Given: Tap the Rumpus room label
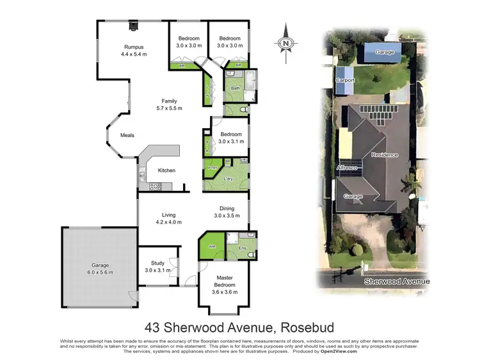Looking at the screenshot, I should click(x=134, y=51).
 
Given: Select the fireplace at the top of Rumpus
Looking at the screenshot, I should click(x=133, y=26).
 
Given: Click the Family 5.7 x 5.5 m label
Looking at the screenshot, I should click(x=169, y=105).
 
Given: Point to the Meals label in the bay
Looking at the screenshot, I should click(x=127, y=135).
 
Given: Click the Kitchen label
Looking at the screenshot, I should click(x=166, y=170).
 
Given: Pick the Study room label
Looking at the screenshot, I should click(x=158, y=266).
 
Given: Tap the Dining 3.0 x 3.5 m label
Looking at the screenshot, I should click(x=227, y=212).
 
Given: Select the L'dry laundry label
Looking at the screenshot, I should click(x=227, y=179).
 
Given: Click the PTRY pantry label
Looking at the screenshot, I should click(x=212, y=168).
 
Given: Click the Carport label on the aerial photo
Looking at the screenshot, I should click(x=345, y=80).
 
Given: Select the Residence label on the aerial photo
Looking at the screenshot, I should click(x=385, y=155).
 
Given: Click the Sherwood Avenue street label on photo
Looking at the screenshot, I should click(x=396, y=281).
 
